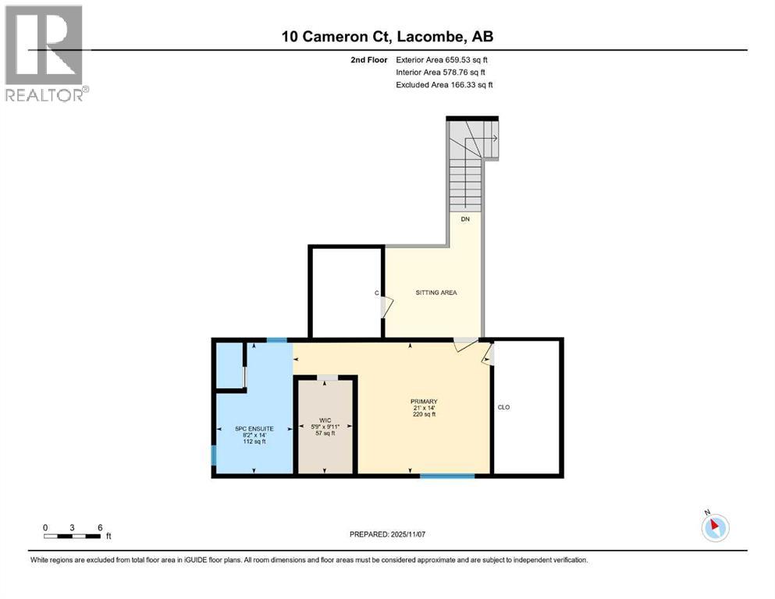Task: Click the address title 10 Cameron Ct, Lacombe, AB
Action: click(388, 36)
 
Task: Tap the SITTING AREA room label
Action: click(435, 292)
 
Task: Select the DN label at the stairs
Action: click(464, 219)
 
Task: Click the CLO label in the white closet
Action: click(503, 407)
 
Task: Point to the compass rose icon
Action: click(714, 527)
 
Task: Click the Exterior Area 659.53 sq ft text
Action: click(443, 59)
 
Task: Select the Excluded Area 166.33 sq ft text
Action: click(444, 84)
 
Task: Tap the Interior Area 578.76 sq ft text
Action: click(442, 72)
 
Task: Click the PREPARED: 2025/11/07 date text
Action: click(387, 534)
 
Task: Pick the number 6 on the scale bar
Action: click(100, 527)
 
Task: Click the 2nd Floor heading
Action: click(370, 59)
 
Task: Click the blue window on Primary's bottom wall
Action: click(447, 475)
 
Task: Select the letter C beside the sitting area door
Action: click(376, 293)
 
